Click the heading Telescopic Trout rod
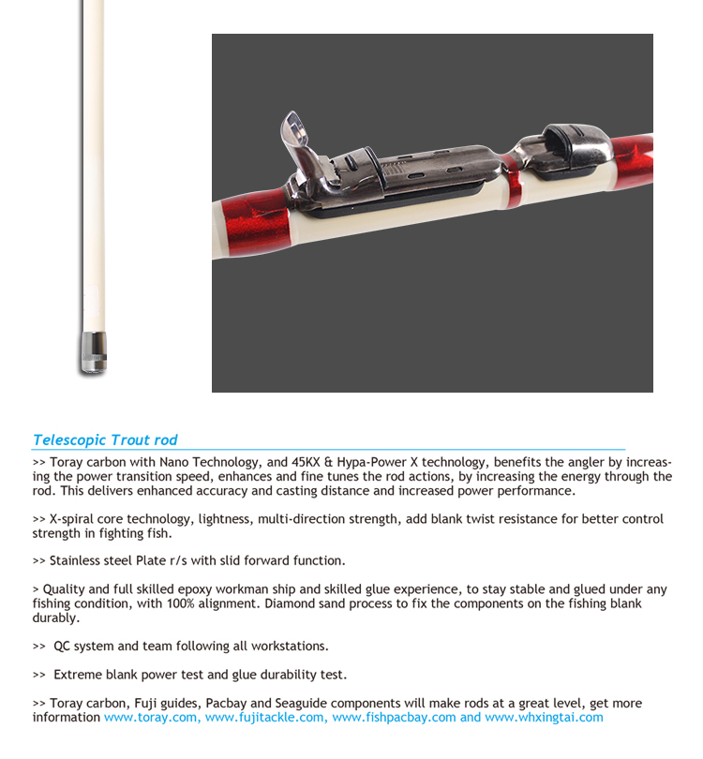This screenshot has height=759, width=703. pyautogui.click(x=105, y=439)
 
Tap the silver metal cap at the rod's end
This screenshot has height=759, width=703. pyautogui.click(x=93, y=352)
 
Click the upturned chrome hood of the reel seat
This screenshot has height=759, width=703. pyautogui.click(x=298, y=141)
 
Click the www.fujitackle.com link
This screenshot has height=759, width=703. pyautogui.click(x=264, y=718)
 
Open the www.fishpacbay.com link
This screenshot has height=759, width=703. pyautogui.click(x=394, y=718)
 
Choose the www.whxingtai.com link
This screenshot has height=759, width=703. pyautogui.click(x=544, y=718)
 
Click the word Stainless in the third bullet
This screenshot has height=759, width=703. pyautogui.click(x=76, y=560)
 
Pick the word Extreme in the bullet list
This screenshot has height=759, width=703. pyautogui.click(x=78, y=675)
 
